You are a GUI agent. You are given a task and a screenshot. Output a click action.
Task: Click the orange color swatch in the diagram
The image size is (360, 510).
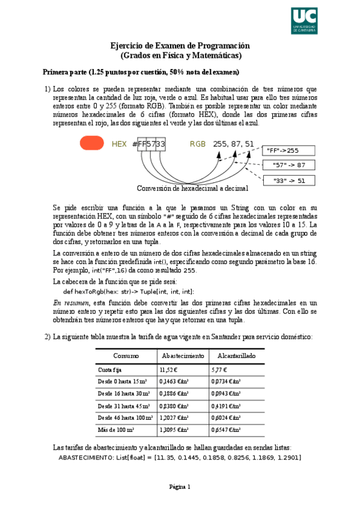tap(92, 144)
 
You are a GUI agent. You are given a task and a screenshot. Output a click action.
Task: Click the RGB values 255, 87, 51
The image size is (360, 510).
tap(233, 144)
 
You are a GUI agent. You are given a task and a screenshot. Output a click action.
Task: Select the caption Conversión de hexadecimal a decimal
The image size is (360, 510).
tap(192, 188)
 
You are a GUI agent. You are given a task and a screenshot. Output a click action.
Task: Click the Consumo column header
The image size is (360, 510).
tap(126, 356)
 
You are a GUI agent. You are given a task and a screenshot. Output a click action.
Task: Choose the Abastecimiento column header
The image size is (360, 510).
tap(182, 356)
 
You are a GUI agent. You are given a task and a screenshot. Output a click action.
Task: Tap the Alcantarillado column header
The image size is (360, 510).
tap(236, 356)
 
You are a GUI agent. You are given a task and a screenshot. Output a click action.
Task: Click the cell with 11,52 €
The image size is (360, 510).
tap(170, 370)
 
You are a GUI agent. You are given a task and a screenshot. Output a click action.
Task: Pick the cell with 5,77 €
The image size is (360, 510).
tap(222, 370)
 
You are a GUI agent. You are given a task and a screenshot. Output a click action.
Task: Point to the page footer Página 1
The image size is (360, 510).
tap(180, 487)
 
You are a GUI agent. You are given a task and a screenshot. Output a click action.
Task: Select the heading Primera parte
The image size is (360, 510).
tap(136, 72)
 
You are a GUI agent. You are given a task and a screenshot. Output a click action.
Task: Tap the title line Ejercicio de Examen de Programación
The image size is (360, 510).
tap(180, 46)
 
